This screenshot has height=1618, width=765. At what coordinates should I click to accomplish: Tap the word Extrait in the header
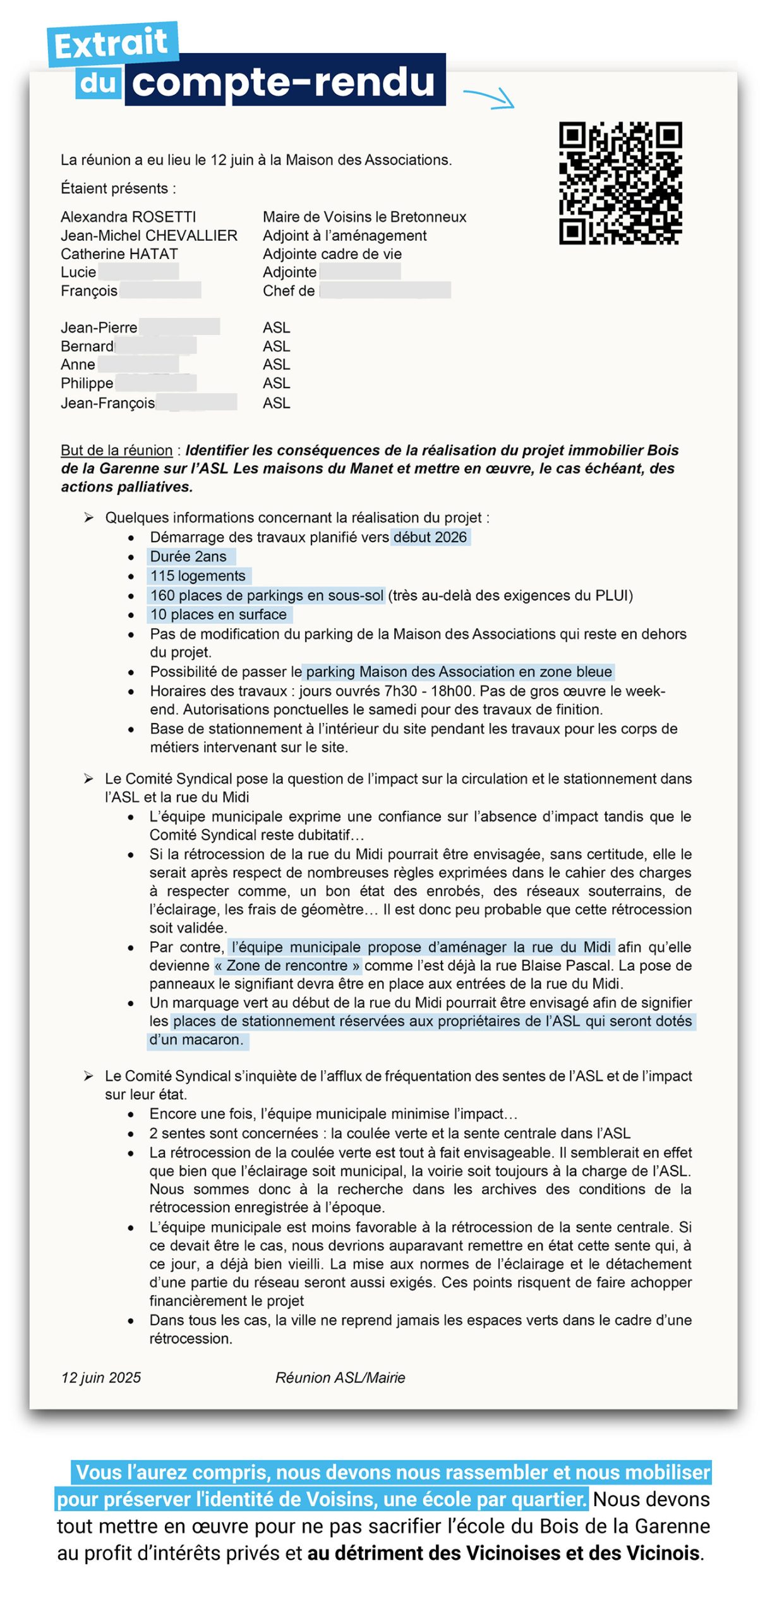click(x=112, y=44)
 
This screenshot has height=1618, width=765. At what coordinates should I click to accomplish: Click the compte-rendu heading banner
click(x=284, y=81)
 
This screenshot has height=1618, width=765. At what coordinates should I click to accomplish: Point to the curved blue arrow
click(x=490, y=97)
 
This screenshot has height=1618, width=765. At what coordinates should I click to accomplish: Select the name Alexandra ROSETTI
click(x=128, y=217)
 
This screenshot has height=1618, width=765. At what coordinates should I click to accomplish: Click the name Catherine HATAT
click(x=119, y=253)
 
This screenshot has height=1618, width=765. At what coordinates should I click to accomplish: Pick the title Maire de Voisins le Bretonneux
click(x=364, y=217)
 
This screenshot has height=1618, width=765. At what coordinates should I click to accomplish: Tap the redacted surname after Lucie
click(x=138, y=272)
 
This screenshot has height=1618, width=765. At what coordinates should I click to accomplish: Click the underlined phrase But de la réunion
click(x=116, y=450)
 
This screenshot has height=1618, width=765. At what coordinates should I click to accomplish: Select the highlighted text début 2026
click(x=430, y=537)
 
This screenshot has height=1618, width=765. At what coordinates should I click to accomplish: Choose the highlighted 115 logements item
click(x=198, y=576)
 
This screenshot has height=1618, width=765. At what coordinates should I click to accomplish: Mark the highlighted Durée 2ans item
click(x=188, y=556)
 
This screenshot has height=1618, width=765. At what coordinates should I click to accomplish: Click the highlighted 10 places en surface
click(x=219, y=614)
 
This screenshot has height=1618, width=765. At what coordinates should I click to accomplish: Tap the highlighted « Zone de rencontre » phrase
click(x=287, y=965)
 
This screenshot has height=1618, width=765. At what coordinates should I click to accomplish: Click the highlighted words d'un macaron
click(x=196, y=1040)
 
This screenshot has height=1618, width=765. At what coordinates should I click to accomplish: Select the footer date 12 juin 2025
click(x=101, y=1378)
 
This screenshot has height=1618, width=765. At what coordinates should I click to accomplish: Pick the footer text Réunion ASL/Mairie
click(x=340, y=1378)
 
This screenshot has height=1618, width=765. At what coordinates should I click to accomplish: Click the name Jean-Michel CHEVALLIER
click(x=149, y=235)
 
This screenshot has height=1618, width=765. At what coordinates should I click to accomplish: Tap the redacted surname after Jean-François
click(x=196, y=403)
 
